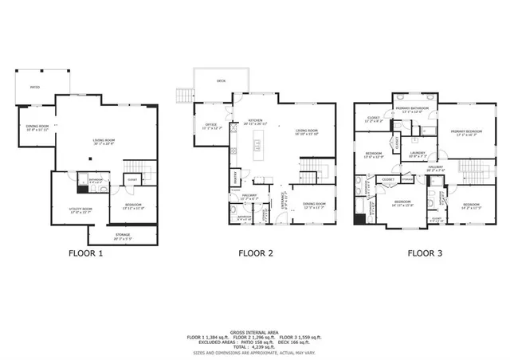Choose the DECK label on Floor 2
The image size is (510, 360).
(221, 80)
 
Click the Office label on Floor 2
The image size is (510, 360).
(212, 126)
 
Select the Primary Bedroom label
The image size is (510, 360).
(466, 133)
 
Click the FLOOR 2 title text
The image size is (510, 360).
(256, 254)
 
